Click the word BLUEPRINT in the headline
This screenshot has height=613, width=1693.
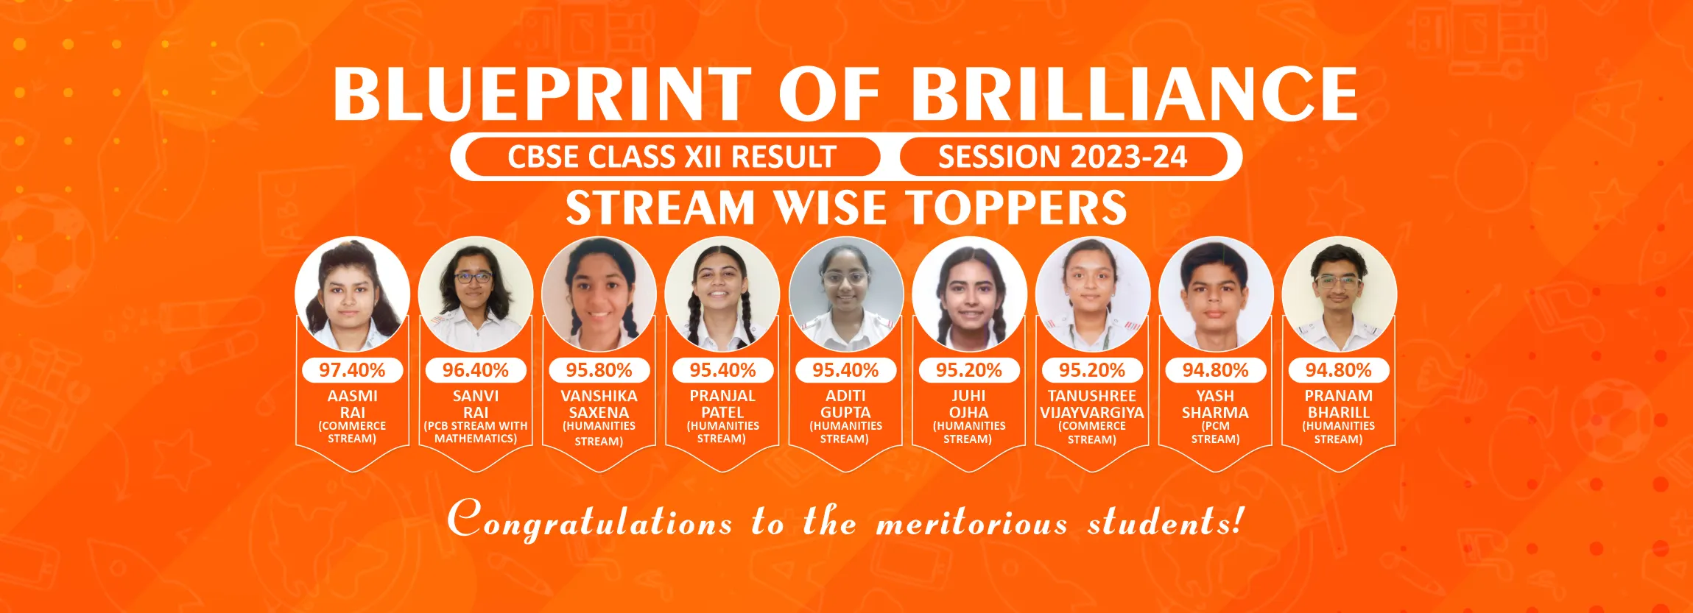(542, 93)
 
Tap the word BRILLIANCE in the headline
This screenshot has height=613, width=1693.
(1134, 93)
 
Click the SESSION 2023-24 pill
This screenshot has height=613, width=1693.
(1063, 157)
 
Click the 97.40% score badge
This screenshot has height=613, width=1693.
(352, 370)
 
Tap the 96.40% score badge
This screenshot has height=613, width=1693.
(476, 370)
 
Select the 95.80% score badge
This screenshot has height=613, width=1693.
(599, 370)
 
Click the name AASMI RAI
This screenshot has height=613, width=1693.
(352, 404)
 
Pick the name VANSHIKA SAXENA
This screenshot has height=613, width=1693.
(599, 404)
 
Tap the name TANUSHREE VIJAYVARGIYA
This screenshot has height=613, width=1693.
(1092, 404)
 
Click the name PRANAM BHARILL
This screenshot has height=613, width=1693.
(1338, 404)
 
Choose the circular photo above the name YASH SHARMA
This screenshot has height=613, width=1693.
(1216, 294)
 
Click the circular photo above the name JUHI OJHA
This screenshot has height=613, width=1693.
(969, 294)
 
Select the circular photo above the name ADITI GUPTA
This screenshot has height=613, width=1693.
(846, 294)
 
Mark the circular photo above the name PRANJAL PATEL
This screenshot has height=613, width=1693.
(722, 294)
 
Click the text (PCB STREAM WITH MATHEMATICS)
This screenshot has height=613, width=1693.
(476, 432)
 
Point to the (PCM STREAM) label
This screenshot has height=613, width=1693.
(1216, 433)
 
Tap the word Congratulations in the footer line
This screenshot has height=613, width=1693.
(589, 520)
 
